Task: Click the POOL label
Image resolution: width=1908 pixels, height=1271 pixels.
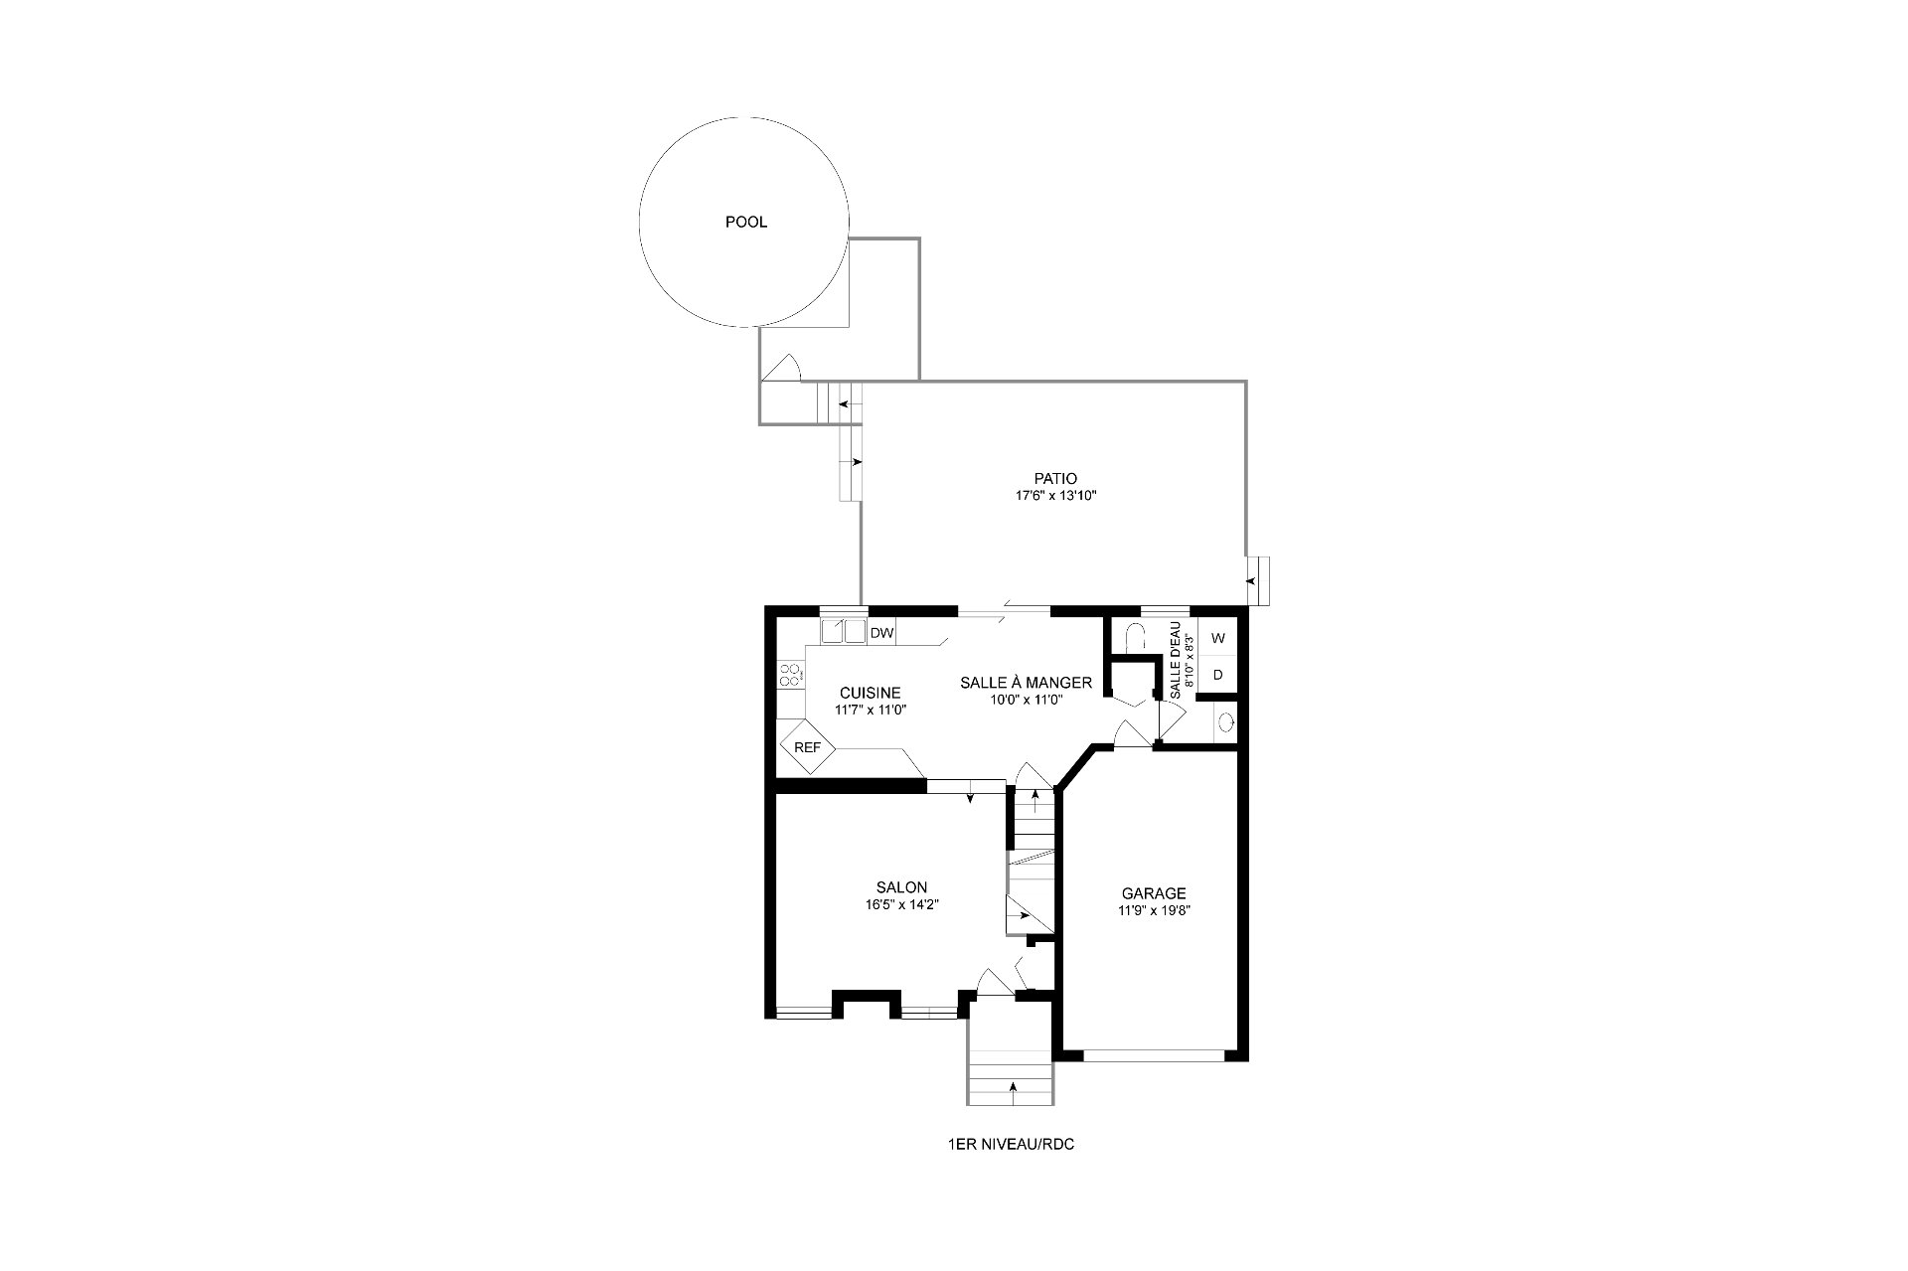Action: [745, 223]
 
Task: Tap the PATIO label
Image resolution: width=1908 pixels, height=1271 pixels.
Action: [1054, 479]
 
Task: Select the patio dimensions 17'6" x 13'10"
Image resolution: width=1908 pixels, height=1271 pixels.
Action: [1054, 495]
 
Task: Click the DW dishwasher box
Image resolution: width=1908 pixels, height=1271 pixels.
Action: [881, 633]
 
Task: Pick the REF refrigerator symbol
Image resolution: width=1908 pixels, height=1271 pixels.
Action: [807, 746]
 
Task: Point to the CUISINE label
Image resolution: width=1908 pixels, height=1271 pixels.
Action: [870, 694]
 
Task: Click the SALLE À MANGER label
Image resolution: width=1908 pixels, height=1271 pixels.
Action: [1026, 683]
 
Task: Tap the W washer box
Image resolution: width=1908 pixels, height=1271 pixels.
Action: [1217, 638]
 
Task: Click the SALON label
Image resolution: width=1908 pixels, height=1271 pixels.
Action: [901, 888]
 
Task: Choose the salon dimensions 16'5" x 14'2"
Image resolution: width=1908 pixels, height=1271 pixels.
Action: [901, 905]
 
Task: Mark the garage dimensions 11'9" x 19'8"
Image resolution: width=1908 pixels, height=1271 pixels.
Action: [1154, 910]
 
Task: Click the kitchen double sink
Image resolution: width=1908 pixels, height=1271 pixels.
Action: [843, 632]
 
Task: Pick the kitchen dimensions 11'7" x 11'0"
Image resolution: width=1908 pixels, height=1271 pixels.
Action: [870, 711]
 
